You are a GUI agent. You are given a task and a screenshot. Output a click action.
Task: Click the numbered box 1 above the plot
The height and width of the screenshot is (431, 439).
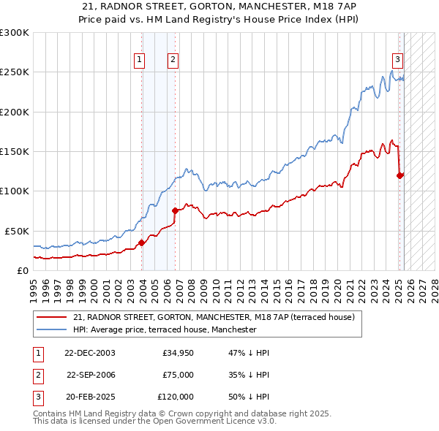coord(139,61)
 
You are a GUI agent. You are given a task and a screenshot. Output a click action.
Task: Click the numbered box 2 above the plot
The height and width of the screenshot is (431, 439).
coord(173,61)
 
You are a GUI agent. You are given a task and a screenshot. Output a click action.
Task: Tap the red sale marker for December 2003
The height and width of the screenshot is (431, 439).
coord(141,243)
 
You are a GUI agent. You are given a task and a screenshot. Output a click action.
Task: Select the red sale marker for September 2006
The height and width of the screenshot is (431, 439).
coord(175,211)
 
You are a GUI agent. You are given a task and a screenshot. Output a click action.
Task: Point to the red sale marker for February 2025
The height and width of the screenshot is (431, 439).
coord(400,175)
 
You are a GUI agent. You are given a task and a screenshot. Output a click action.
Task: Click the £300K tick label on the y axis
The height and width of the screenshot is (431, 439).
coord(15,33)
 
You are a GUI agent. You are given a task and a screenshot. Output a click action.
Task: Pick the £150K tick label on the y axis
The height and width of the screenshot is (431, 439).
coord(15,151)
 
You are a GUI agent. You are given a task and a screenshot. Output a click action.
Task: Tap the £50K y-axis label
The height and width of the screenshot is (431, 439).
coord(17,231)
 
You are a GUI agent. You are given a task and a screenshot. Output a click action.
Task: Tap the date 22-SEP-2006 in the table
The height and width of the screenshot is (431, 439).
coord(91,375)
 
